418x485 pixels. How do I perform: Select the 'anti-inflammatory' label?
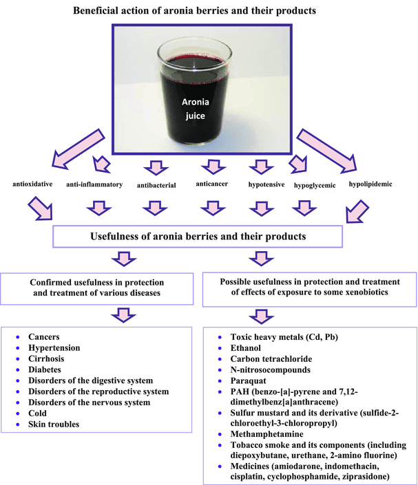click(x=94, y=185)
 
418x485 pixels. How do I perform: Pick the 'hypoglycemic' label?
click(x=315, y=186)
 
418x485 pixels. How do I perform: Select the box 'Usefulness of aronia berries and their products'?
click(x=198, y=237)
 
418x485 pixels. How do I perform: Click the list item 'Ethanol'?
click(x=246, y=348)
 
